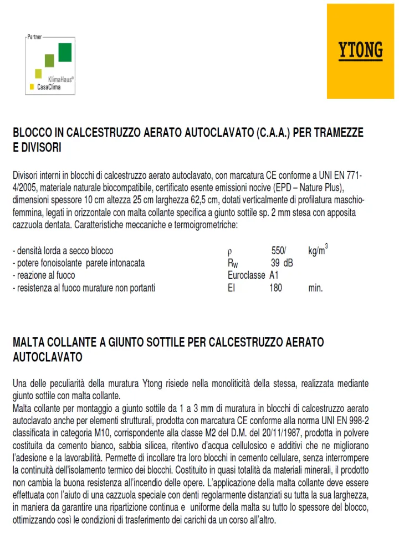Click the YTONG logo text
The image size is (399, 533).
(361, 51)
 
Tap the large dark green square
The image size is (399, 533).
(65, 52)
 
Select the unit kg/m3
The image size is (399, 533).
(318, 251)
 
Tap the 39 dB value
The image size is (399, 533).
(282, 263)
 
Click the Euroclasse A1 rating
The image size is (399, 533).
(252, 275)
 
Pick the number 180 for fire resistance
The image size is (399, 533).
(275, 288)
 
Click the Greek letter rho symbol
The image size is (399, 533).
(230, 252)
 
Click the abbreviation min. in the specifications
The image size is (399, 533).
(315, 288)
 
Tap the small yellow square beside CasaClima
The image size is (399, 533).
(32, 87)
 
